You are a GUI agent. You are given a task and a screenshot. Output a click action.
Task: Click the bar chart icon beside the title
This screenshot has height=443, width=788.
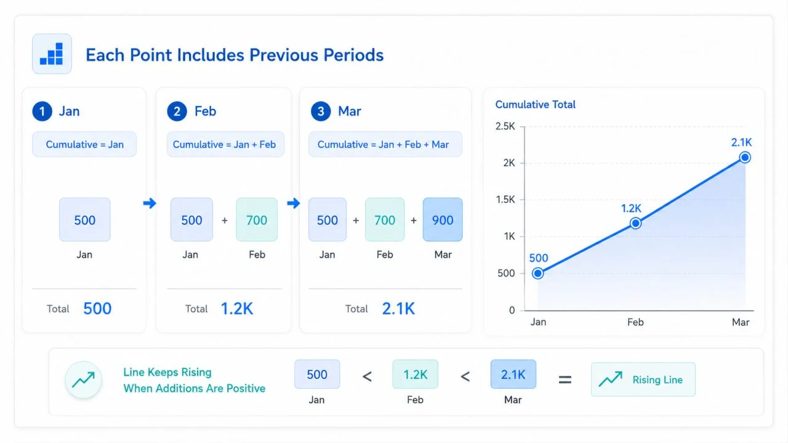coord(52,54)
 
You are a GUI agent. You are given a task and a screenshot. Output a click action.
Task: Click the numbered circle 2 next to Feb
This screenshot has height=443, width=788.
coord(177,111)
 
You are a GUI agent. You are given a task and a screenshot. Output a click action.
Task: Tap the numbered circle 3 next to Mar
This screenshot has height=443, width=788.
coord(321,111)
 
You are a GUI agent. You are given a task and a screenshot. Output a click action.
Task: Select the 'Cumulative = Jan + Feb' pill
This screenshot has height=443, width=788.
coord(225,144)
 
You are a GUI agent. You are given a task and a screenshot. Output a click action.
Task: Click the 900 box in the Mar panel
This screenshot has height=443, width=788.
coord(443,220)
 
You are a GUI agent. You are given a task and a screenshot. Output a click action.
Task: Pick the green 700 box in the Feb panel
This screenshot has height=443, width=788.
coord(257,220)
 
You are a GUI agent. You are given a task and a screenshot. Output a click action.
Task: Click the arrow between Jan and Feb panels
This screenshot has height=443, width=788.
coord(150,203)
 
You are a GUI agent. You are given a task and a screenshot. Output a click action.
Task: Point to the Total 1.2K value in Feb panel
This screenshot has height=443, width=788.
coord(237,308)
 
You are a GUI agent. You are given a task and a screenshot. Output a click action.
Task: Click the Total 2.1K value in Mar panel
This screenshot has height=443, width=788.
coord(398,308)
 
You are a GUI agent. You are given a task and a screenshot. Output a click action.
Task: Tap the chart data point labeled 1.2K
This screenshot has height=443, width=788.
coord(635,223)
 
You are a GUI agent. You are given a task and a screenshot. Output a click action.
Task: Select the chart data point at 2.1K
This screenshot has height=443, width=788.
coord(745,157)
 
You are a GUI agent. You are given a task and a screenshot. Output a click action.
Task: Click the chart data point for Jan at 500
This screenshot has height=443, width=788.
coord(537,273)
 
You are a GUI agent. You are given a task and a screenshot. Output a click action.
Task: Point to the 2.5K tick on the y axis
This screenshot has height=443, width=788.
coord(505,126)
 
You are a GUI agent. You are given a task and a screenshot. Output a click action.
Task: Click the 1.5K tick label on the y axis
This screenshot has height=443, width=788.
coord(505,200)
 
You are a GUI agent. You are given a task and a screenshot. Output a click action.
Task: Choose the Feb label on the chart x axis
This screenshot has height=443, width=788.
coord(635,322)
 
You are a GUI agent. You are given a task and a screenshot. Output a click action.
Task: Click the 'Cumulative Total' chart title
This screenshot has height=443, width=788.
coord(535,105)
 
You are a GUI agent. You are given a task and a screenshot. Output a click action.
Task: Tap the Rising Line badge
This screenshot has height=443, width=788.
coord(643,380)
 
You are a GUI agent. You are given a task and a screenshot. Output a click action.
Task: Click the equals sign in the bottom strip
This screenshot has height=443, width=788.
coord(565,380)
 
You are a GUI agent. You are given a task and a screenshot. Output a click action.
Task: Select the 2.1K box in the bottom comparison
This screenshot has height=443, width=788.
coord(513,374)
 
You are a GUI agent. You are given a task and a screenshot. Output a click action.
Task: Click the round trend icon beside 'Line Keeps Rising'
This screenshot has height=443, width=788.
coord(83,380)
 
